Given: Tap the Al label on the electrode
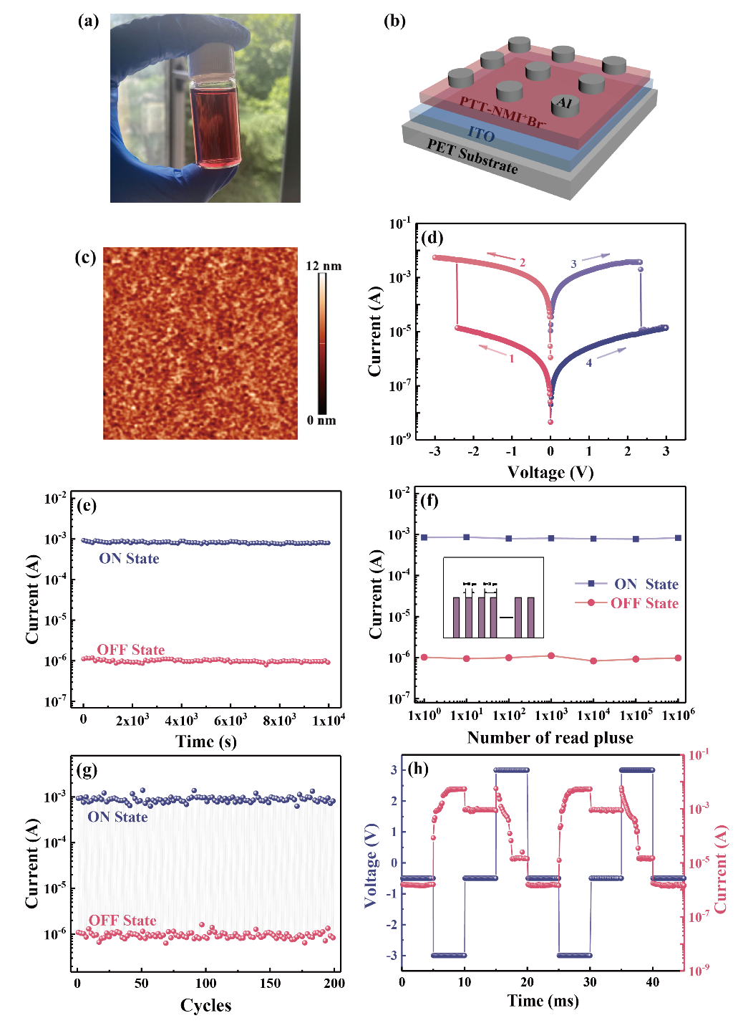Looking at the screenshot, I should coord(565,103).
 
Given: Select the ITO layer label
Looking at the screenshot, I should coord(481,134).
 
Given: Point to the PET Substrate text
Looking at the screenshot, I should coord(472,156).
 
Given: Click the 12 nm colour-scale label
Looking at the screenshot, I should coord(324,266).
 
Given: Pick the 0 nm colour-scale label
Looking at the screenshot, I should coord(321,420).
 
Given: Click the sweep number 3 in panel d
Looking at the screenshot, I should coord(573,264).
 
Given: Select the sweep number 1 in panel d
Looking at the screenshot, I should coord(512,358).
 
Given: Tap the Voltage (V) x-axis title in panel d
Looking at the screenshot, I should coord(550,472).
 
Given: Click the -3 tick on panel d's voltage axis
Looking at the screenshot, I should coord(434,451).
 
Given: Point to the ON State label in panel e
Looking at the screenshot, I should coord(129,559).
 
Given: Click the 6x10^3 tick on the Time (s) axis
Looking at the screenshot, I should coord(230,720).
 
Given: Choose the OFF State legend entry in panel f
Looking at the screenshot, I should coord(644,603).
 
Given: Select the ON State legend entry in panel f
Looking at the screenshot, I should coord(646,584).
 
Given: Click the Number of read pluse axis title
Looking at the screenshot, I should coord(550,738).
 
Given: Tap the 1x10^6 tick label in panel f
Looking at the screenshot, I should coord(678,715).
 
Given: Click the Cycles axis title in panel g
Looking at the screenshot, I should coord(205,1006).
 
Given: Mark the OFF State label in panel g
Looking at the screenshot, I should coord(122,921).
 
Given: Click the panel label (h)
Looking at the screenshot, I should coord(418,769).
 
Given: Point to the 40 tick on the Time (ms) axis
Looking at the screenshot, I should coord(653,982).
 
